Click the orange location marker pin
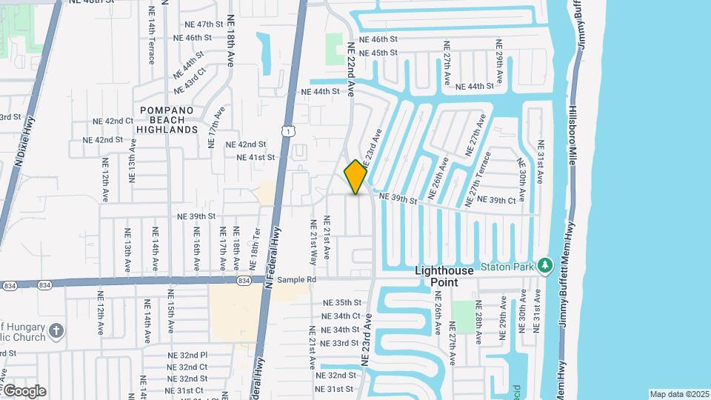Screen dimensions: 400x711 pos(355,176)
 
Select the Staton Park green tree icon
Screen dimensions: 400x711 pos(545,264)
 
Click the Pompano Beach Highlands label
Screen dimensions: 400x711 pos(167,119)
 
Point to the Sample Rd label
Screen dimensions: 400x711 pos(297,281)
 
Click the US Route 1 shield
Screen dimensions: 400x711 pos(287,131)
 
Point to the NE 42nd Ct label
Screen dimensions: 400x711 pos(113,121)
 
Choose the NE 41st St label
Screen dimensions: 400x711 pos(256,158)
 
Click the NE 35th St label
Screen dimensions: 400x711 pos(341,303)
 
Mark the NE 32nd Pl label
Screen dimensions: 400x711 pos(188,355)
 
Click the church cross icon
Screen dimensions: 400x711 pos(57,330)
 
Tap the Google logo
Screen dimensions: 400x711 pos(24,391)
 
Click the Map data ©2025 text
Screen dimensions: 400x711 pos(679,394)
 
